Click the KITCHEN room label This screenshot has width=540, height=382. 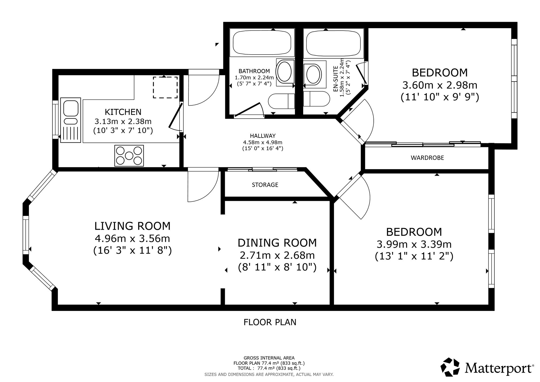(x=123, y=112)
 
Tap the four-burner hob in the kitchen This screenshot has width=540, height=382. (x=129, y=156)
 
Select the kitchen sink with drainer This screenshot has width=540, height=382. (x=70, y=120)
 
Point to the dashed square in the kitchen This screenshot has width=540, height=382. (x=165, y=87)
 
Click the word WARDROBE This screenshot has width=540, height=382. (x=427, y=158)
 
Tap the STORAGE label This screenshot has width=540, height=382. (x=265, y=185)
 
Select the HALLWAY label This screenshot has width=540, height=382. (x=263, y=136)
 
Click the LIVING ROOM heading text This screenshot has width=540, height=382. (x=132, y=226)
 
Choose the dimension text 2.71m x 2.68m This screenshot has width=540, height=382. (x=277, y=255)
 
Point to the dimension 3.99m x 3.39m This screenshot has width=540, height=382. (x=414, y=244)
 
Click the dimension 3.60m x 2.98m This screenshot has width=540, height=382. (x=440, y=85)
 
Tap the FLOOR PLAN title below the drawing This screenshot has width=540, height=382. (x=270, y=322)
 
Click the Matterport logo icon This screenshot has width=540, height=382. (x=450, y=367)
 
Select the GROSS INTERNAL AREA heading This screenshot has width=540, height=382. (x=269, y=358)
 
